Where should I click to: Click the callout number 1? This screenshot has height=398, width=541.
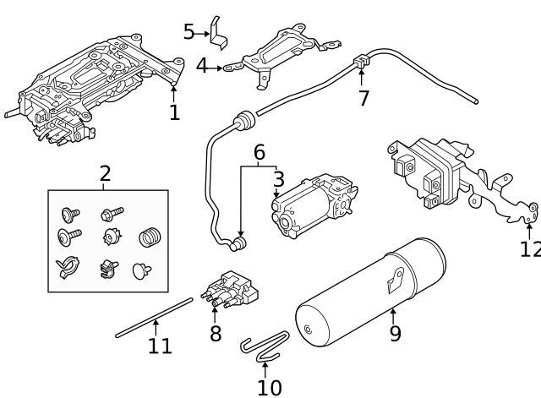174,112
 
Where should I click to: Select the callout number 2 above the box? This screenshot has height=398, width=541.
105,174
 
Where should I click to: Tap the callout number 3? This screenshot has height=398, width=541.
277,179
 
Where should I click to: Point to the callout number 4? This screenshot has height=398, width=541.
202,65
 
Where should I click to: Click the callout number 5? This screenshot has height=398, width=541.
189,32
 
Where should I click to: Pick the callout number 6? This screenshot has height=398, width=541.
259,152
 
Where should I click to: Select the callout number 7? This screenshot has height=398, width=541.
363,98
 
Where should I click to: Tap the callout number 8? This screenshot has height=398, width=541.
216,334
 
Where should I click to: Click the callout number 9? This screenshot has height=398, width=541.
395,333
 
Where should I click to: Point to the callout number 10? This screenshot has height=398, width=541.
269,386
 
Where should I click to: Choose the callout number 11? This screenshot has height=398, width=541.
160,345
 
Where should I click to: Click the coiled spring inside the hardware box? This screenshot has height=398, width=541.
149,237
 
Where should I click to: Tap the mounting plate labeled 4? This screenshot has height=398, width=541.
279,52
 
